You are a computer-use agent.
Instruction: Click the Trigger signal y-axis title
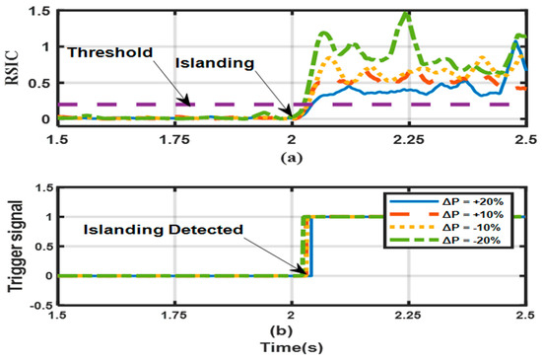(14, 248)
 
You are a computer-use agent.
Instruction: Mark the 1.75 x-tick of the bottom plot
(174, 315)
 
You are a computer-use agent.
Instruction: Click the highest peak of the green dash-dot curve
(405, 13)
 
